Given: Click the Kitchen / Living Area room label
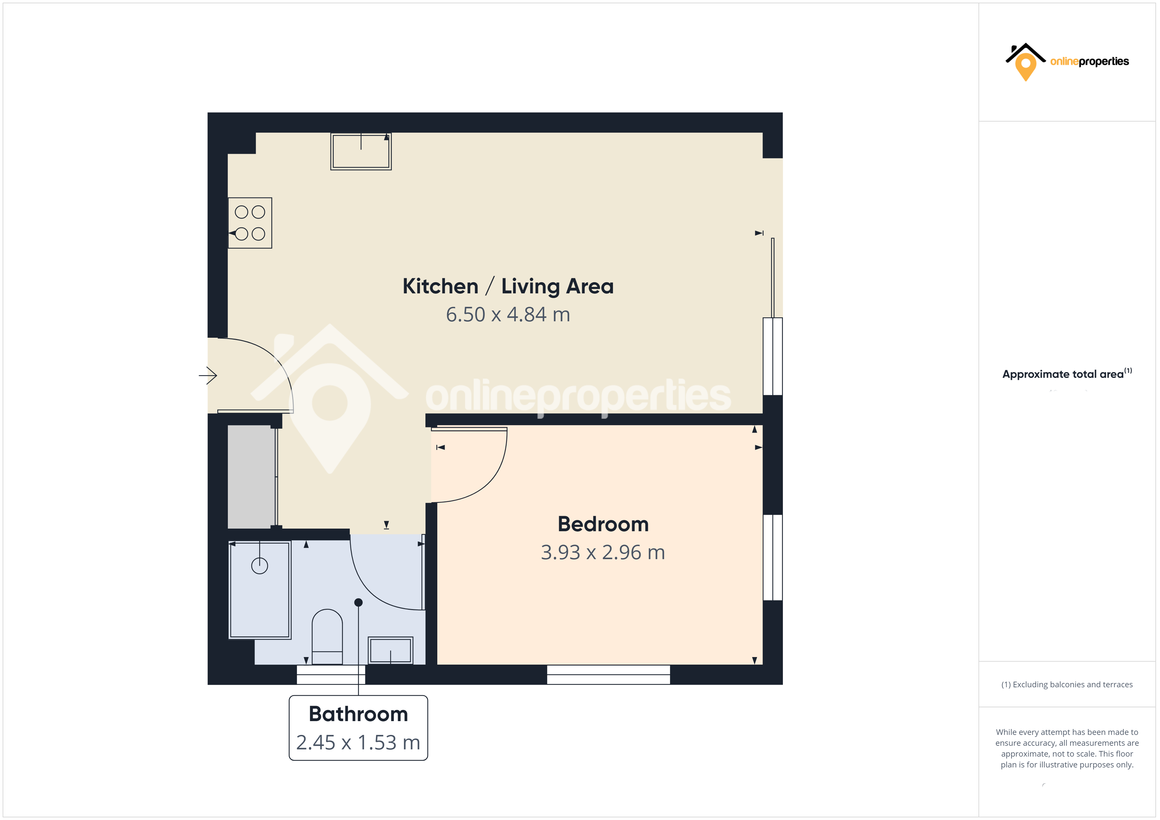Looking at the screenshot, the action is pyautogui.click(x=508, y=286).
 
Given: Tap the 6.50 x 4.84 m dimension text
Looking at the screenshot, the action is pyautogui.click(x=508, y=315).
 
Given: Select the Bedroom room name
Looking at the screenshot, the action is pyautogui.click(x=603, y=524).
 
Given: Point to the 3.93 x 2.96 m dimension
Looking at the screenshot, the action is pyautogui.click(x=603, y=552).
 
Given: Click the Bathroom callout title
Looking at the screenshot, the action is pyautogui.click(x=358, y=714).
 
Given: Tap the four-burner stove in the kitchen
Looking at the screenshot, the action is pyautogui.click(x=250, y=223).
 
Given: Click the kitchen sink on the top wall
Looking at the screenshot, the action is pyautogui.click(x=361, y=151).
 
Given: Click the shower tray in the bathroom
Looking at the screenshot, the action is pyautogui.click(x=260, y=590).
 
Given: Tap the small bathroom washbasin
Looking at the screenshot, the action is pyautogui.click(x=391, y=650).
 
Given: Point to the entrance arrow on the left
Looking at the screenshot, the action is pyautogui.click(x=208, y=375).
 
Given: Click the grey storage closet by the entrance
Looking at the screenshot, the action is pyautogui.click(x=251, y=477).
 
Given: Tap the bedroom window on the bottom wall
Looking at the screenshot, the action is pyautogui.click(x=608, y=674).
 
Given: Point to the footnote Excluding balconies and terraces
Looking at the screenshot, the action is pyautogui.click(x=1067, y=685).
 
